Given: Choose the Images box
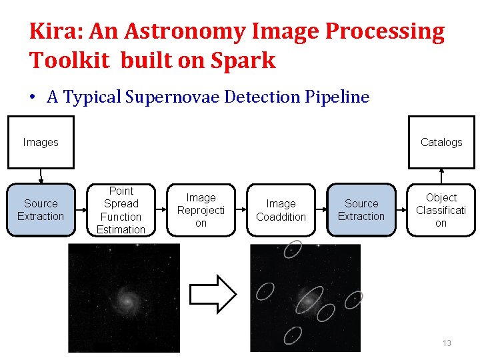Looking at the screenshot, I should point(41,142).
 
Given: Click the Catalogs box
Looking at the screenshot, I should point(441,142).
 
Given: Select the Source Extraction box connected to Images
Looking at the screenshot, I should point(41,210).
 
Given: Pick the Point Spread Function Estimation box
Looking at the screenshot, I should point(121,210).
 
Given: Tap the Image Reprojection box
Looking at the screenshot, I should point(201,210).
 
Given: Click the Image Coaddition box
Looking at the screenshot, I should point(281,210).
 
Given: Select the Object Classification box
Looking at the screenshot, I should point(441,210).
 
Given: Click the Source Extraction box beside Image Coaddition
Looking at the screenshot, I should point(361,210).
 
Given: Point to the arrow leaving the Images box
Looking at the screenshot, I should point(41,176).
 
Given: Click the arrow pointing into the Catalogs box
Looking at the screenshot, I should point(441,176).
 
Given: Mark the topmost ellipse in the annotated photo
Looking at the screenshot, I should point(292,249).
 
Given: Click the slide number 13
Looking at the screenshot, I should point(447,343).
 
